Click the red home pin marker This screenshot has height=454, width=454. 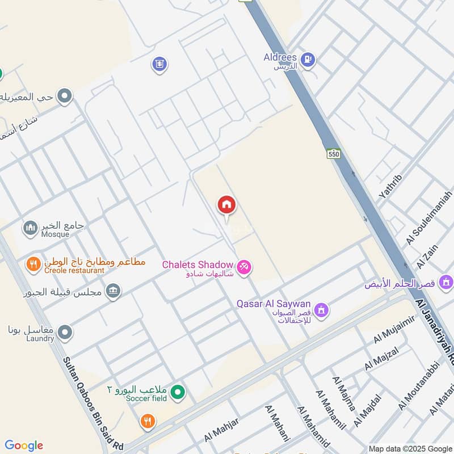pyautogui.click(x=227, y=206)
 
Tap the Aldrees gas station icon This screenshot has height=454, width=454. pyautogui.click(x=308, y=59)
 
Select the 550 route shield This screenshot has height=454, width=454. pyautogui.click(x=333, y=154)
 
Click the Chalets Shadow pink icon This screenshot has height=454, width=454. pyautogui.click(x=244, y=266)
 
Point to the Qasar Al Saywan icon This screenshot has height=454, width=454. pyautogui.click(x=322, y=310)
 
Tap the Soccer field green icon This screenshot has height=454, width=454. pyautogui.click(x=178, y=392)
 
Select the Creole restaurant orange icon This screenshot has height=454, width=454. pyautogui.click(x=33, y=264)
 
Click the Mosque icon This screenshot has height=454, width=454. pyautogui.click(x=30, y=228)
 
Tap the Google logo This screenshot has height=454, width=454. pyautogui.click(x=24, y=445)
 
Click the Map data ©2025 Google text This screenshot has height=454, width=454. pyautogui.click(x=410, y=448)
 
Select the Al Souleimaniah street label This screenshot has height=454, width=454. pyautogui.click(x=429, y=218)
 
